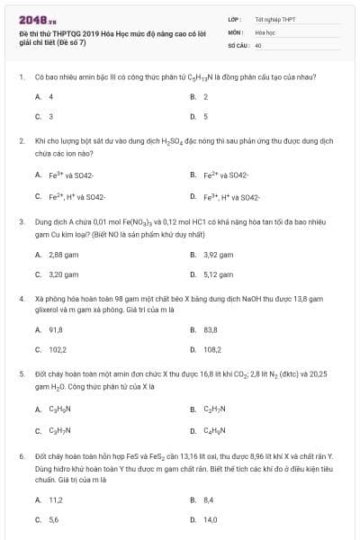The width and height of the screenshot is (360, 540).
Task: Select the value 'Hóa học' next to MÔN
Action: pyautogui.click(x=265, y=31)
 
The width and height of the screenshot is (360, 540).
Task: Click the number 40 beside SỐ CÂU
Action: pyautogui.click(x=258, y=44)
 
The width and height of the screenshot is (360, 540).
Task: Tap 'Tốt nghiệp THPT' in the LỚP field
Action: pyautogui.click(x=274, y=18)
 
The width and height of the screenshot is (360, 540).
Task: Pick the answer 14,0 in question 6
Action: pyautogui.click(x=211, y=520)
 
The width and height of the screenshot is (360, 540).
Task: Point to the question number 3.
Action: pyautogui.click(x=22, y=220)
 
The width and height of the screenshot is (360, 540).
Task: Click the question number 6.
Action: pyautogui.click(x=22, y=457)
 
